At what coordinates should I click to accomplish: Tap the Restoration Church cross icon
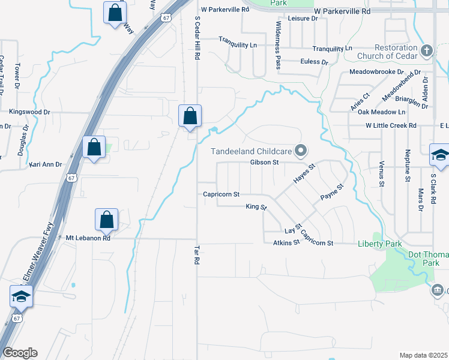(x=427, y=50)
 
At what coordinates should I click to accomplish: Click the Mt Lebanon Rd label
(x=88, y=238)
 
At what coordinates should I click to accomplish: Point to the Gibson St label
(x=265, y=162)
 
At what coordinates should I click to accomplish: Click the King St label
(x=256, y=207)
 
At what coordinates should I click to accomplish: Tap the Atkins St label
(x=286, y=242)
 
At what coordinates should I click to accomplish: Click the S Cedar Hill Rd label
(x=196, y=37)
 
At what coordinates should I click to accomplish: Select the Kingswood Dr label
(x=29, y=112)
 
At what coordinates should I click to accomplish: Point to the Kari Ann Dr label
(x=46, y=163)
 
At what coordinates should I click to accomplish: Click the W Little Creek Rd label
(x=391, y=125)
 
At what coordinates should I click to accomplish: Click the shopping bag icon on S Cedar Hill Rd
(x=190, y=115)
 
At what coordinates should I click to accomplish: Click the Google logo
(x=20, y=353)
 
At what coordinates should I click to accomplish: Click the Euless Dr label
(x=315, y=62)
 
